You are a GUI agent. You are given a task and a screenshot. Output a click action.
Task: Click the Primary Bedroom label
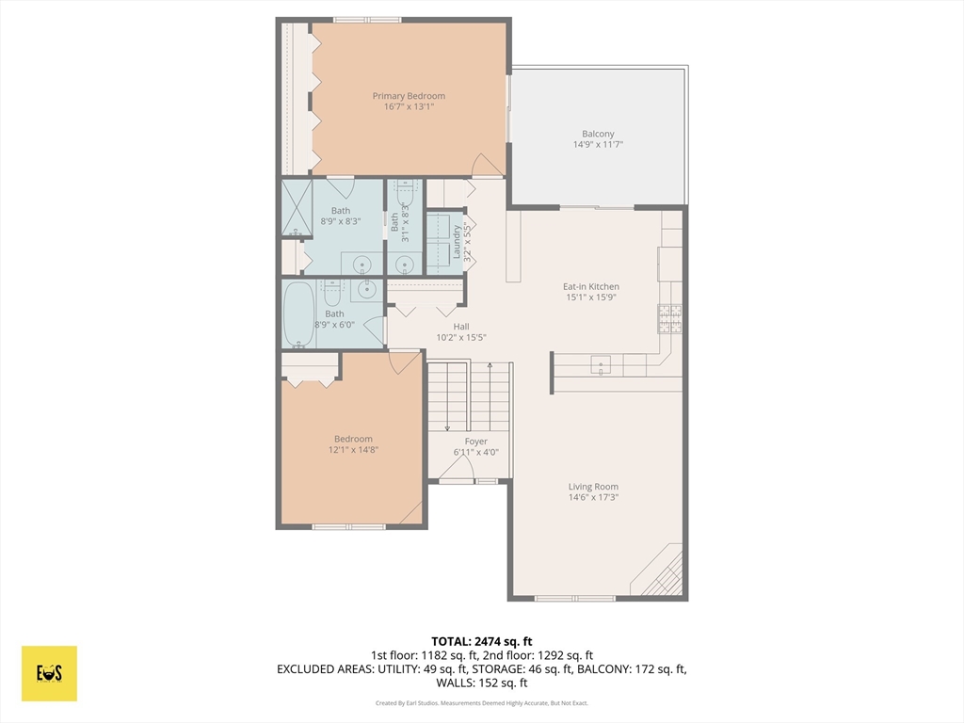(409, 96)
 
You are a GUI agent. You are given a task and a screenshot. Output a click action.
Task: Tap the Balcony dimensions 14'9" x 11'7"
(598, 144)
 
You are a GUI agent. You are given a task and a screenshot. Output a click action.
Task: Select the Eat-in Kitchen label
(591, 286)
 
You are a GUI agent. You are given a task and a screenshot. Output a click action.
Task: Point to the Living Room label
(593, 487)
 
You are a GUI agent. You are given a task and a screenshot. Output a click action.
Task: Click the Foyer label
(475, 442)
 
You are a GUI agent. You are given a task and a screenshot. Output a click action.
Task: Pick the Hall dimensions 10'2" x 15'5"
(461, 338)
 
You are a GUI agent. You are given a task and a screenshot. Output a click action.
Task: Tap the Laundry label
(457, 242)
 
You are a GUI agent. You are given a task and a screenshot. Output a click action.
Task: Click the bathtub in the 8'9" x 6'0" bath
(299, 314)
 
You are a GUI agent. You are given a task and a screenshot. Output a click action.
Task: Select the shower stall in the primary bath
(297, 207)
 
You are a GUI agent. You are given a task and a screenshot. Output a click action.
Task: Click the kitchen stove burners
(670, 318)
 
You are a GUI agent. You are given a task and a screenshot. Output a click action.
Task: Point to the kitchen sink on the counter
(601, 365)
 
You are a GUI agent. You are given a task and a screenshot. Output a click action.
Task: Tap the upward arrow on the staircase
(490, 396)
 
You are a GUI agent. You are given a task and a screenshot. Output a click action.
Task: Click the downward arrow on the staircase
(447, 396)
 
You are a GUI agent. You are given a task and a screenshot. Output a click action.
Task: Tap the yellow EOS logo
(49, 673)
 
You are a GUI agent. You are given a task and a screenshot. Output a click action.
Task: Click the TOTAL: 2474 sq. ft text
(481, 642)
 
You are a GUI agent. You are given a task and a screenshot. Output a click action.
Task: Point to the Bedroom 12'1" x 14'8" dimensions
(353, 450)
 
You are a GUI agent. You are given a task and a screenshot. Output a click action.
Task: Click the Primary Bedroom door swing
(487, 165)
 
